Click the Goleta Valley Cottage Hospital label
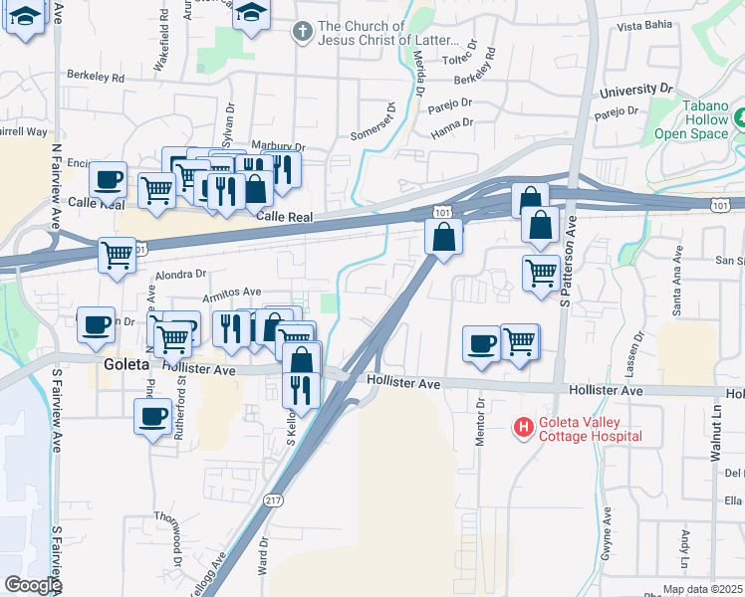pyautogui.click(x=590, y=429)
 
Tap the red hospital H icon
pyautogui.click(x=522, y=428)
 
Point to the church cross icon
pyautogui.click(x=300, y=33)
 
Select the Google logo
pyautogui.click(x=33, y=585)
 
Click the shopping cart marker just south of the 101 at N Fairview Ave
pyautogui.click(x=118, y=254)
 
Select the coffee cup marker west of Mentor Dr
pyautogui.click(x=481, y=343)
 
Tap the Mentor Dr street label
pyautogui.click(x=480, y=423)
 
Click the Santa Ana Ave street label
pyautogui.click(x=677, y=294)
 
